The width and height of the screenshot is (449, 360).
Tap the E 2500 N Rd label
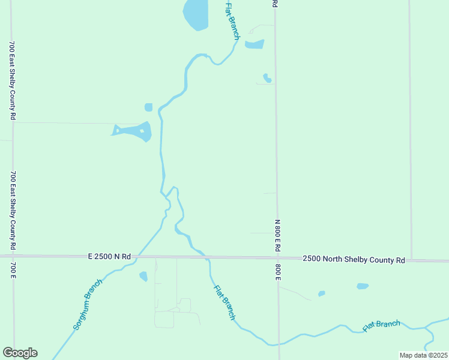coord(109,256)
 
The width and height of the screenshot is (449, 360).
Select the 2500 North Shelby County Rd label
coord(354,259)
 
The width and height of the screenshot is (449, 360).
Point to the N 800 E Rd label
coord(277,235)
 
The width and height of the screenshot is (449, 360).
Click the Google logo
coord(20,353)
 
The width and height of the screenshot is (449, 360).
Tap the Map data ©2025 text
coord(423,355)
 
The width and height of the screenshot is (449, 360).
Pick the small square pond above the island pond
coord(148,107)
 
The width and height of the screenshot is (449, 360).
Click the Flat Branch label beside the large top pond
coord(232,21)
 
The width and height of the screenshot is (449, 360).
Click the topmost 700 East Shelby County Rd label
coord(12,80)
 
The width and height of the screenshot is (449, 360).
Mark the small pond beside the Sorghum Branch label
coord(143,276)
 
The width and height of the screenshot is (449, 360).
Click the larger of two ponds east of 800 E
coord(363,286)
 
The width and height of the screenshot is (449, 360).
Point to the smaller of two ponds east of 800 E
coord(322,293)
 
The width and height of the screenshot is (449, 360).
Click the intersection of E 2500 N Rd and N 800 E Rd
coord(277,258)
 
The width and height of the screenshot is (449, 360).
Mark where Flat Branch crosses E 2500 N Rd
coord(206,257)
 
